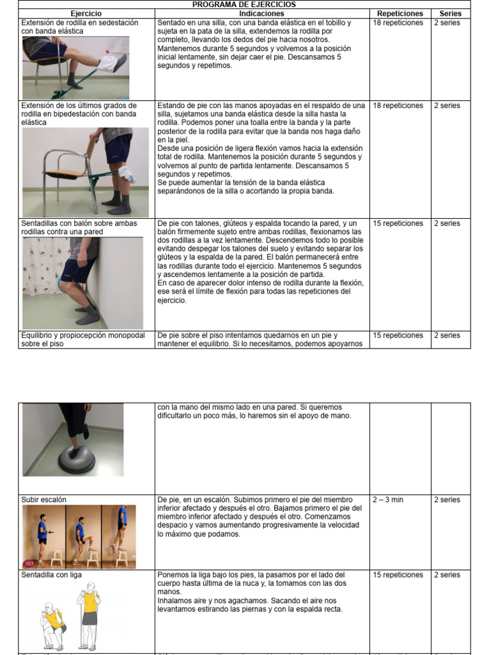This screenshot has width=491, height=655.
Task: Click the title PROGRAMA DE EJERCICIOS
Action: point(245,4)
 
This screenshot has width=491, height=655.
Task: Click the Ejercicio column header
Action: point(87,13)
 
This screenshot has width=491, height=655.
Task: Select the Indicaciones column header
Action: point(261,13)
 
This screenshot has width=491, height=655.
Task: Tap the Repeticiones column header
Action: point(400,13)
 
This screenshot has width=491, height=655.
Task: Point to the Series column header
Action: point(450,13)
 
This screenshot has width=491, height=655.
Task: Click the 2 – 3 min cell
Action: point(388,500)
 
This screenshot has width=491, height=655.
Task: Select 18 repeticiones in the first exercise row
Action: point(398,23)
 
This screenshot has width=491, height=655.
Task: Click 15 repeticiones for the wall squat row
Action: point(398,224)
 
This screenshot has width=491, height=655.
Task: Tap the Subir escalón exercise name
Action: point(43,500)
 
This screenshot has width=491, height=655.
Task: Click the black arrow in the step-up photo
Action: point(51,532)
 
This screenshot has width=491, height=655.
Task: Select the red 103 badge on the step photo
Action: point(29,564)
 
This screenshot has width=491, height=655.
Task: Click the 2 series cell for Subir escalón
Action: point(447,500)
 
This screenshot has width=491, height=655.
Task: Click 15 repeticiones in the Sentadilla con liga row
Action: point(398,575)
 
